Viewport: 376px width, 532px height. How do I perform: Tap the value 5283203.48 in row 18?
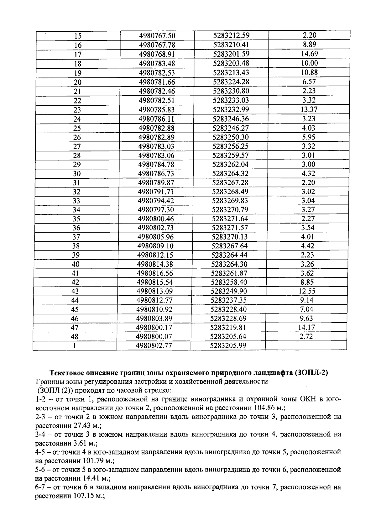(231, 63)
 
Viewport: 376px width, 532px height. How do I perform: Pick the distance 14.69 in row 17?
(309, 54)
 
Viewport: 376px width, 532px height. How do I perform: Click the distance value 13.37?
(309, 109)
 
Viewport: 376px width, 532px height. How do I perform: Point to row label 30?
(77, 174)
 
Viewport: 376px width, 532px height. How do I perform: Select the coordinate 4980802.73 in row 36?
(155, 228)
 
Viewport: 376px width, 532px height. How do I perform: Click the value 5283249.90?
(229, 291)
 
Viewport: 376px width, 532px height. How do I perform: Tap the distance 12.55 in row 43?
(307, 291)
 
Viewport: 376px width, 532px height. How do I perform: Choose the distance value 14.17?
(307, 327)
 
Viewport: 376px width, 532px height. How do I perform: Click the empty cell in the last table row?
(305, 345)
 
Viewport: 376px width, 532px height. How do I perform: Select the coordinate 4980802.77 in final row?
(154, 346)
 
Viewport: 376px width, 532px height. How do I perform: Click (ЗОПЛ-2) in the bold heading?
(311, 373)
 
